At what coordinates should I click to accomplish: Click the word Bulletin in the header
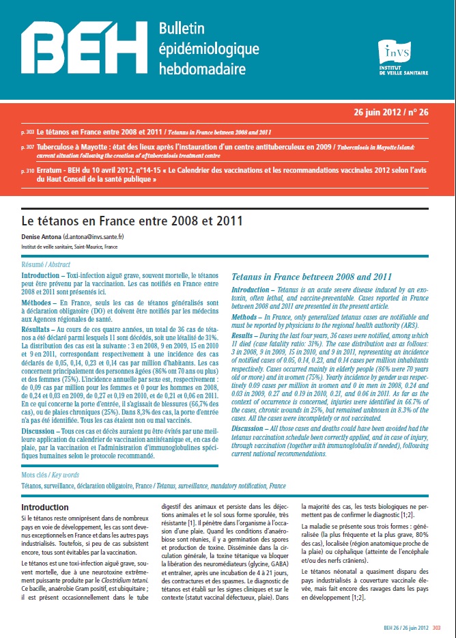[182, 28]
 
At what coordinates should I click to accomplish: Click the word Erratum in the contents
[52, 171]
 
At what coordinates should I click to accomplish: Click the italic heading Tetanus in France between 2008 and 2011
[311, 277]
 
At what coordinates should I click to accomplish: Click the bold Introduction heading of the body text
[44, 508]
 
